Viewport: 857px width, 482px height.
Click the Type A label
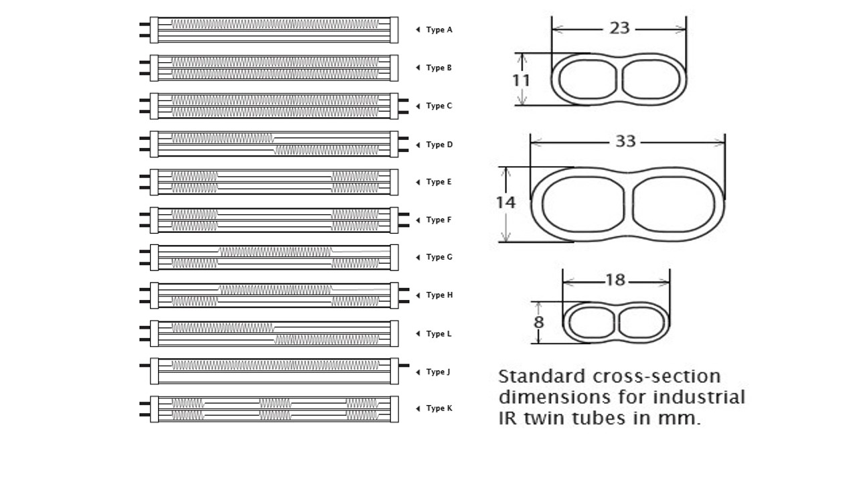coord(439,30)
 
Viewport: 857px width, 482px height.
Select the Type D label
coord(439,145)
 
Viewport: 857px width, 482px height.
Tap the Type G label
coord(439,257)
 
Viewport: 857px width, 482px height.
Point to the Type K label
coord(439,408)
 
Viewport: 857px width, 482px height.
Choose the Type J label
coord(438,372)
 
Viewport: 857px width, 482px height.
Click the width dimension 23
coord(619,28)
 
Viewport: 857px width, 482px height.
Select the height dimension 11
coord(521,80)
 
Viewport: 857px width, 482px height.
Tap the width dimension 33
coord(625,141)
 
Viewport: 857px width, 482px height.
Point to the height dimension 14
coord(505,202)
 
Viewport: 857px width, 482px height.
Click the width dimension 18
coord(615,280)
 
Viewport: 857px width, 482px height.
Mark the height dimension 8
coord(539,322)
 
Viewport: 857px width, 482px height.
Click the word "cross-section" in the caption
coord(657,376)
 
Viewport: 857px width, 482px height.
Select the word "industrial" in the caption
coord(699,397)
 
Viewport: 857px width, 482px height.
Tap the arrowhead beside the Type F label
coord(418,220)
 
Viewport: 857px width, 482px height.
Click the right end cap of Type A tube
coord(394,30)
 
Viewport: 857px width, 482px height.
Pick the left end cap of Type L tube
coord(154,333)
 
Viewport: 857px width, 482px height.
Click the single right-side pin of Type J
coord(404,366)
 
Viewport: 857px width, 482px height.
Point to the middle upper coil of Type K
coord(275,403)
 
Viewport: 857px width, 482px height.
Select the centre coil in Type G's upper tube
coord(275,252)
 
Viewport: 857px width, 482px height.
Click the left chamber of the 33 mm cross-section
coord(582,204)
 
